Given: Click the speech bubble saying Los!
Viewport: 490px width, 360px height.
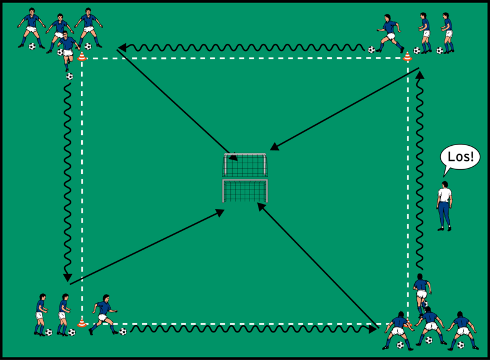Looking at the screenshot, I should (461, 157).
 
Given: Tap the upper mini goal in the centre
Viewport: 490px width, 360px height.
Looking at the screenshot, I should (246, 165).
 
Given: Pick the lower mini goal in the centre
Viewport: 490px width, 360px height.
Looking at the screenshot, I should (245, 191).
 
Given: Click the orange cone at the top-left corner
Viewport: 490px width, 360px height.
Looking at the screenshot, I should (82, 57).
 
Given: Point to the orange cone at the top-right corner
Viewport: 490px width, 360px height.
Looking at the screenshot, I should (408, 57).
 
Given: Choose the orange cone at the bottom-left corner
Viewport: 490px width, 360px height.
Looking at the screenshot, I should (82, 324).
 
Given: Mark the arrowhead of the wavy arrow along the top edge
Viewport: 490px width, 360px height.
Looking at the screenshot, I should (122, 47).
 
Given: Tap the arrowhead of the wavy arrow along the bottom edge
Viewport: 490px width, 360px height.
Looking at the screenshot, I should (373, 329).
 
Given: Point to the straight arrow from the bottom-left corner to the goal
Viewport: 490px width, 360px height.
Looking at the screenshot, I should (144, 246).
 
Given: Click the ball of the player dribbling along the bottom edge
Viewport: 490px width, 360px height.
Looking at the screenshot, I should (122, 331).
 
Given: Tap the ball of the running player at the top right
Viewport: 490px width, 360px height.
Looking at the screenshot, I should (371, 50).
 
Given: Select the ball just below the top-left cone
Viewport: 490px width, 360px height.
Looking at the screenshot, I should (70, 76).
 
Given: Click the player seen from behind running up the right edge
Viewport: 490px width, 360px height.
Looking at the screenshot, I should (422, 291).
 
